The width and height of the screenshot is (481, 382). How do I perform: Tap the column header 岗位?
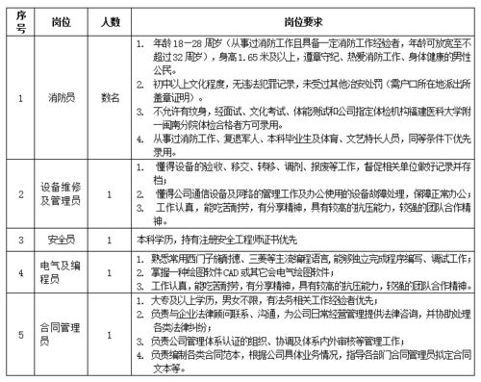pos(63,19)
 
